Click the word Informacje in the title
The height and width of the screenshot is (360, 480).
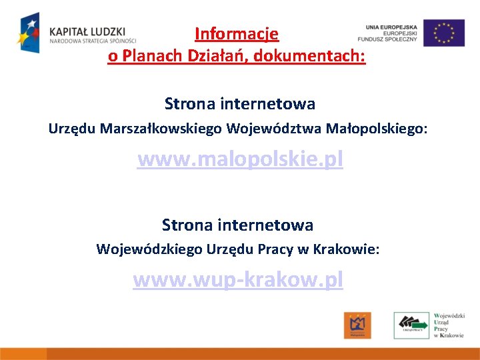coord(237,33)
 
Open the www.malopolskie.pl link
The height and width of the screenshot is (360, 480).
coord(240,160)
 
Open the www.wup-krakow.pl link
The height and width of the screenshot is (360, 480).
coord(238,279)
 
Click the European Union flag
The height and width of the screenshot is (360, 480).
coord(444,33)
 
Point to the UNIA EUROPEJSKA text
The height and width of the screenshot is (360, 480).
coord(391,27)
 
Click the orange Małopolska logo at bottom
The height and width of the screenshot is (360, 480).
coord(357,325)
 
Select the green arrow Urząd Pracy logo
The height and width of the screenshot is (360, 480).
coord(411,325)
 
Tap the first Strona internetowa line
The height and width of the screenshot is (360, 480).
coord(240,104)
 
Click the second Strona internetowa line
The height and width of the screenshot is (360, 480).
coord(238,225)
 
